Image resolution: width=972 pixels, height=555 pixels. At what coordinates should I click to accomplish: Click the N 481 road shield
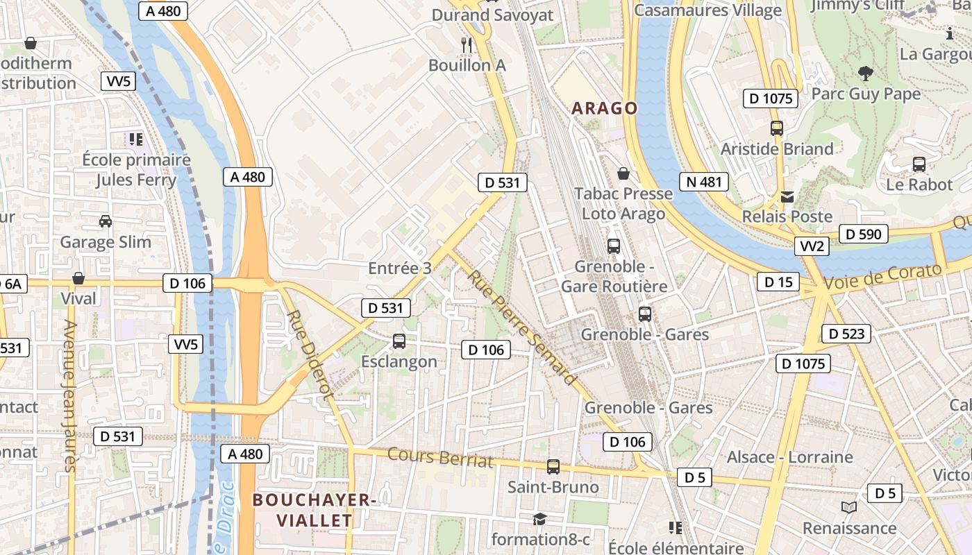(704, 182)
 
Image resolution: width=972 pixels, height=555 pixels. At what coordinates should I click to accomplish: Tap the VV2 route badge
(812, 246)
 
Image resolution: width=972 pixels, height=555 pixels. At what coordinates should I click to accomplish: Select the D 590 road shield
(864, 234)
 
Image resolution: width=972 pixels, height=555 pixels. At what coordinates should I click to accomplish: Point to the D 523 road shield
(846, 334)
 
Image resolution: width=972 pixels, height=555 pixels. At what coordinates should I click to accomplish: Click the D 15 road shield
(778, 282)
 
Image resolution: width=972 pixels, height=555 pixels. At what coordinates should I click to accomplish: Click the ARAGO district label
(604, 108)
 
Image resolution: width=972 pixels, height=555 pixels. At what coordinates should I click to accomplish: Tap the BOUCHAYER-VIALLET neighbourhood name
(314, 510)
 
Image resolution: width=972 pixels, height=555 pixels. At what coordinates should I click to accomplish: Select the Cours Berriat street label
(440, 458)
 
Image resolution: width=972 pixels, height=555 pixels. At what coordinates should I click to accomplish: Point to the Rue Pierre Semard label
(521, 327)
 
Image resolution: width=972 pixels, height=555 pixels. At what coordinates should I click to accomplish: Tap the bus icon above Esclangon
(399, 341)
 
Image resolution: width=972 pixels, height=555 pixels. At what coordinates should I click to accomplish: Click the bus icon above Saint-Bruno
(553, 467)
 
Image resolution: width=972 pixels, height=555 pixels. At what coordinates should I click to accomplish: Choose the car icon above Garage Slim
(106, 221)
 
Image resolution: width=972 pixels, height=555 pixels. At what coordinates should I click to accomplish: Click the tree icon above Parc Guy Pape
(865, 73)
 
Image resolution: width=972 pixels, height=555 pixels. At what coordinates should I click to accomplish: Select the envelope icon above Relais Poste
(787, 197)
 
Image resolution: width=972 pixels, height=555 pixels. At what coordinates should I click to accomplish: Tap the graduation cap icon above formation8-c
(539, 519)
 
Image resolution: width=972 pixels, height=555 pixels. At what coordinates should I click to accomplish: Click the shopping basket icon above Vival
(78, 278)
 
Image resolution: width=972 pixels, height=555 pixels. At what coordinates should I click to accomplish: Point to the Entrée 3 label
(400, 268)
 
